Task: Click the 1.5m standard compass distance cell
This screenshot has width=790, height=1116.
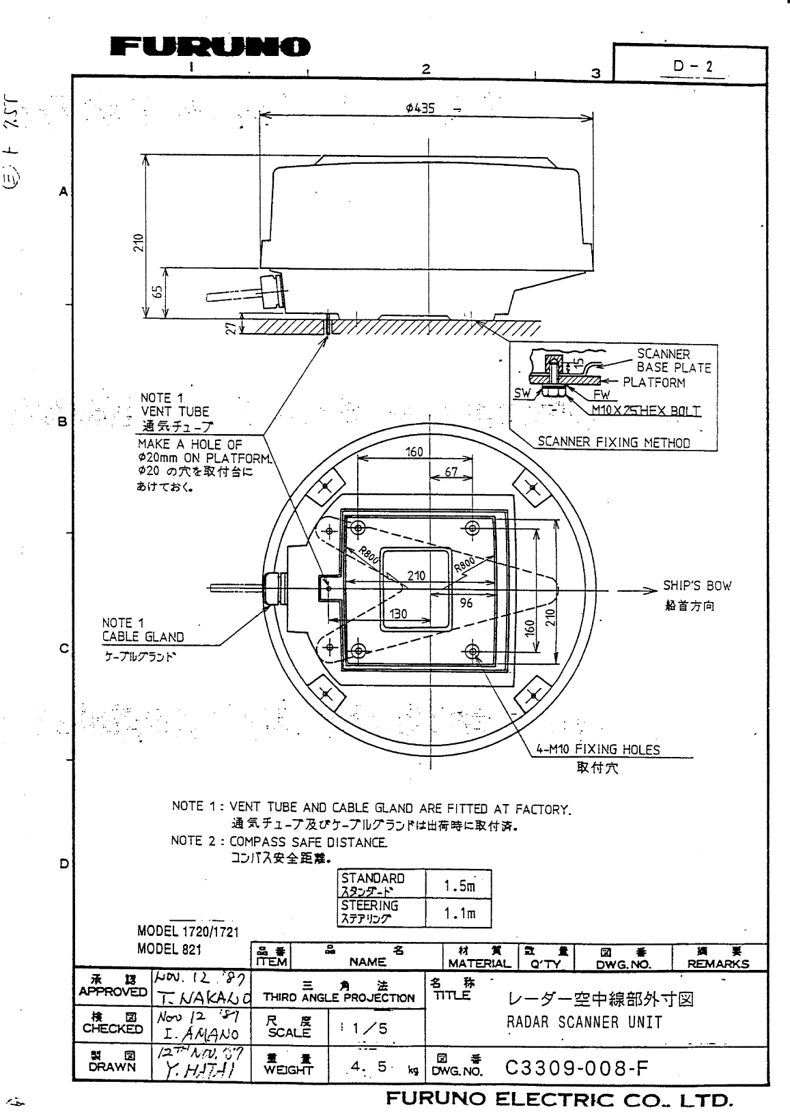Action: click(x=458, y=886)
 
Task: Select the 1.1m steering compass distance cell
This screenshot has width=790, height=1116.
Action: click(x=458, y=913)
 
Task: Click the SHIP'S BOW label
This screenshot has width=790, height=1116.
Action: click(x=696, y=586)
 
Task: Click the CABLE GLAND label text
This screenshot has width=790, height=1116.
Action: click(x=143, y=637)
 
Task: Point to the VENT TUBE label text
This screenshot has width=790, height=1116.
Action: click(x=175, y=412)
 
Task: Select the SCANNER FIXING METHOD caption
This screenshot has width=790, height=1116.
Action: click(x=613, y=442)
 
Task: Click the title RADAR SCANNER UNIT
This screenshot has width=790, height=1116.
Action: click(x=584, y=1022)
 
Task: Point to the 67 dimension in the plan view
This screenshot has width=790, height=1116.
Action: click(x=451, y=472)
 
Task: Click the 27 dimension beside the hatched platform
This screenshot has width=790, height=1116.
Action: click(x=231, y=328)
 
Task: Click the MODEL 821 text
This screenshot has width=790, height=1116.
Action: click(x=169, y=949)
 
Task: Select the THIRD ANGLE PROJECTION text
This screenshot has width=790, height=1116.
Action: click(x=339, y=997)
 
